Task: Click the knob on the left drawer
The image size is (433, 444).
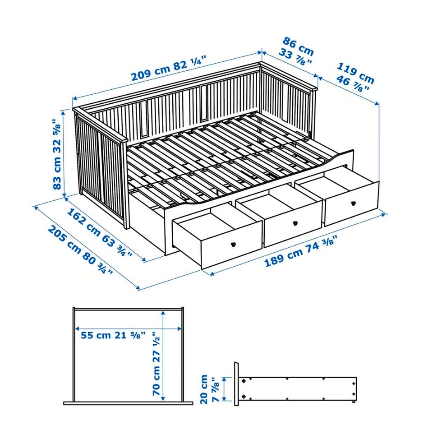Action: click(234, 244)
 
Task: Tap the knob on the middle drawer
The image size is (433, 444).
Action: click(295, 223)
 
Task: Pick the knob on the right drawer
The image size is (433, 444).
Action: click(353, 203)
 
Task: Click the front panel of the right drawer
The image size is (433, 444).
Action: click(352, 203)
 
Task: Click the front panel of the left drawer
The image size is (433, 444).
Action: click(231, 245)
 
